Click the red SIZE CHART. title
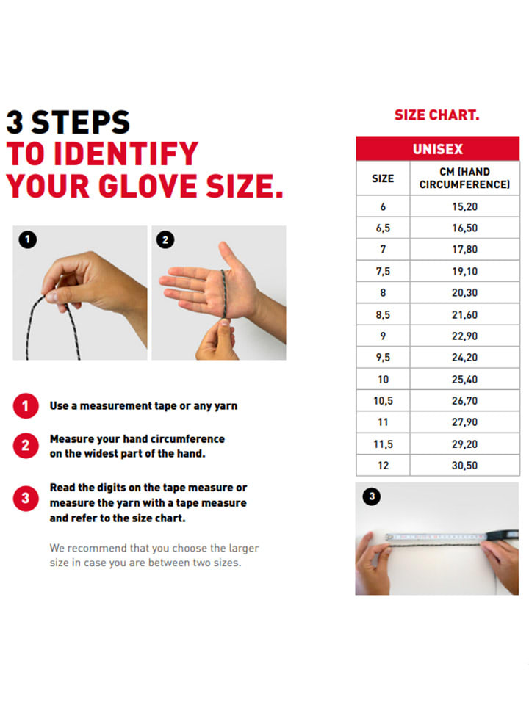pos(436,115)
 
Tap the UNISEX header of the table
pos(438,149)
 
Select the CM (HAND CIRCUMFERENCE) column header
pos(464,178)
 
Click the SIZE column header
pos(383,178)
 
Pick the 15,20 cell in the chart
pos(464,207)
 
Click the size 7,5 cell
pos(383,272)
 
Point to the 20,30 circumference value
pos(464,293)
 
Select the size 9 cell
pos(383,336)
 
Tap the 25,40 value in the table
pos(464,380)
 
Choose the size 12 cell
pos(383,466)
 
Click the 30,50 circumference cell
pos(464,466)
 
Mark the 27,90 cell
pos(464,422)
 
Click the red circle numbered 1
pos(26,406)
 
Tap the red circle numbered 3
pos(26,498)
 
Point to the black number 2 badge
pos(165,239)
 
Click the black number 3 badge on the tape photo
pos(372,496)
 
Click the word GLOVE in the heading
pos(148,186)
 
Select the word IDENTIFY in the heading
pos(126,153)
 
